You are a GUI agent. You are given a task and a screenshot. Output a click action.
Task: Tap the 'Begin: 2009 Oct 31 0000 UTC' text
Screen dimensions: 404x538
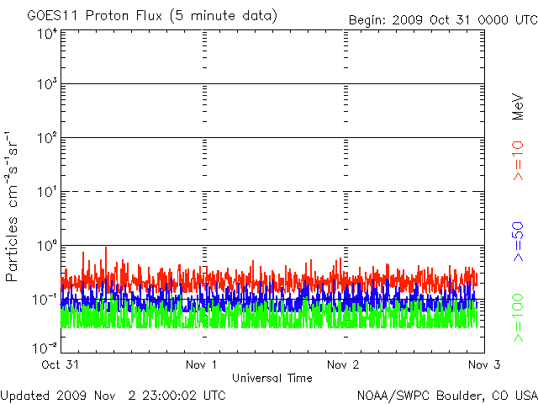tap(442, 20)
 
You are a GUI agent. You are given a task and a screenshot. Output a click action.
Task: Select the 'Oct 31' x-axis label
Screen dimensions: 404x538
tap(60, 365)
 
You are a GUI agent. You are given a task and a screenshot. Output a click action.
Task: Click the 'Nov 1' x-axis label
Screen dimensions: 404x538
tap(202, 365)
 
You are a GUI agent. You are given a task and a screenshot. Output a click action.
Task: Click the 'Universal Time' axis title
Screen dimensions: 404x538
tap(272, 378)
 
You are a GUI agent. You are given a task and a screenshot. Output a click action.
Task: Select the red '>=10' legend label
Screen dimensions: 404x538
tap(518, 160)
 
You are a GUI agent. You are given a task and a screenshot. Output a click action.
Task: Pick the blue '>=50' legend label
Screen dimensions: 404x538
tap(518, 242)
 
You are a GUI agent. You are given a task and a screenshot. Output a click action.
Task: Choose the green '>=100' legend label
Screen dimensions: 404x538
tap(518, 318)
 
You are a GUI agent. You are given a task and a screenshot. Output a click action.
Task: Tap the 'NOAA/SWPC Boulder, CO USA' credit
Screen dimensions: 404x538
tap(446, 395)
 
